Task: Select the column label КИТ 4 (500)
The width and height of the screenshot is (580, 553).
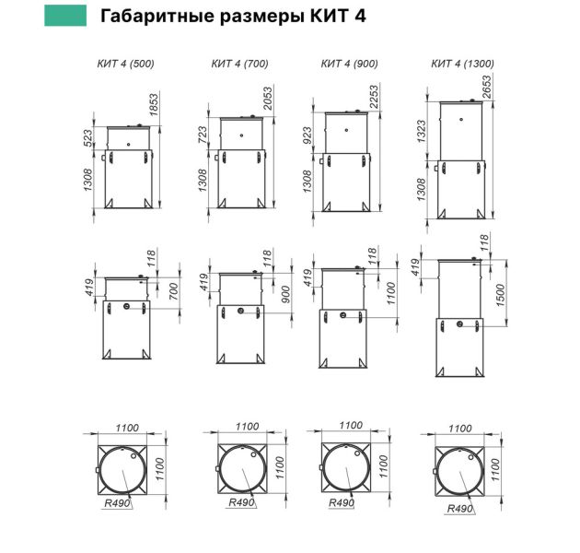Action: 126,64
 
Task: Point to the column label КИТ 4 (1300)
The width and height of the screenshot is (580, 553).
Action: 463,64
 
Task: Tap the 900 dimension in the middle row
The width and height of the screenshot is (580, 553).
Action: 284,294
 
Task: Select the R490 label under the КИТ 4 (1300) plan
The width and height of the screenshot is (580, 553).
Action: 459,509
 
